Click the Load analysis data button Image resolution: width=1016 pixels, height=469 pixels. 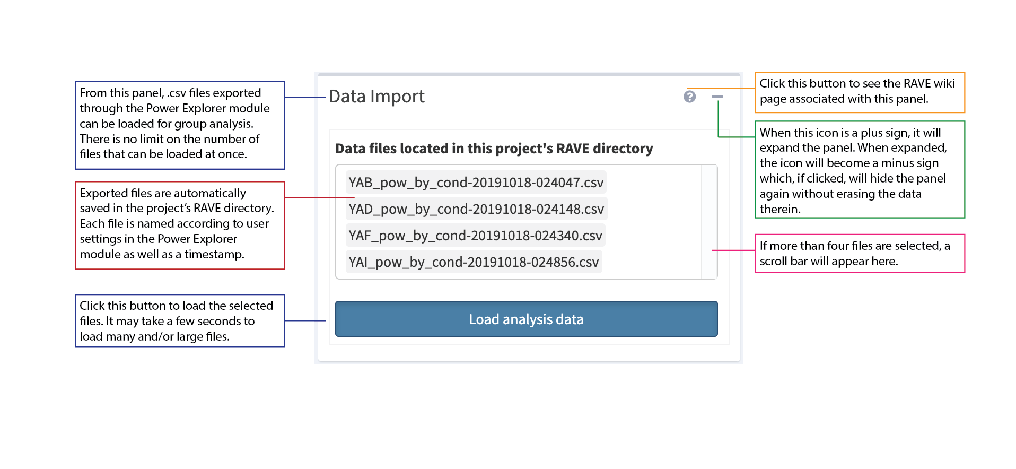point(526,319)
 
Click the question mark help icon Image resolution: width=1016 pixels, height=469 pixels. point(689,97)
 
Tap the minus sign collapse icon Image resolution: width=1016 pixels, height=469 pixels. point(717,97)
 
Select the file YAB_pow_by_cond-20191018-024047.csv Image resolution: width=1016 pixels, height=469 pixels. point(476,183)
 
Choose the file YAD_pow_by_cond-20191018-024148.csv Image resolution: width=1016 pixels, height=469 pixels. point(476,209)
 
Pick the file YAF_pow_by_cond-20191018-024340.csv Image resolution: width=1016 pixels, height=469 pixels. point(475,236)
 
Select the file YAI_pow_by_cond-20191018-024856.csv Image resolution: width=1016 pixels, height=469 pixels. point(474,262)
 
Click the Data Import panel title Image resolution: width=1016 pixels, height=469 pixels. point(376,97)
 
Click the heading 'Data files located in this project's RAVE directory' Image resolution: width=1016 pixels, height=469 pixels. point(494,149)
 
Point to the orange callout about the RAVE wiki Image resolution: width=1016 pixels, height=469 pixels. point(859,92)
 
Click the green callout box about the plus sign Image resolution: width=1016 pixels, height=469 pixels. point(859,170)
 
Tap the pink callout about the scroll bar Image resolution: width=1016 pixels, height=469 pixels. point(859,254)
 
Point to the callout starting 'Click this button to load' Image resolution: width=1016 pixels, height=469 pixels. point(180,320)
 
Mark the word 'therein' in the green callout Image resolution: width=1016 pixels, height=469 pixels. point(778,210)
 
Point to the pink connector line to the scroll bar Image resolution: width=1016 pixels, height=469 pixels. point(734,250)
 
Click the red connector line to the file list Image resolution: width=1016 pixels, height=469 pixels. point(318,197)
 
